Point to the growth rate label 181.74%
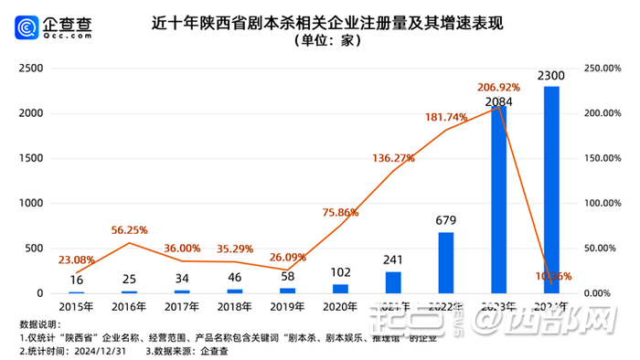click(x=447, y=117)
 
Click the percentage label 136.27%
click(x=394, y=158)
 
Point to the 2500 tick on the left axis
click(x=31, y=69)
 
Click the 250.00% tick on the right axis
click(x=604, y=69)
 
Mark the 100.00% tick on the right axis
click(x=604, y=203)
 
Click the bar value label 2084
click(x=498, y=101)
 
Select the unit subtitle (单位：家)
click(x=320, y=41)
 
